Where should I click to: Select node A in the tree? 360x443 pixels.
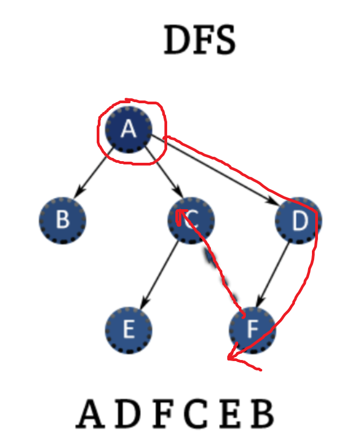click(x=128, y=129)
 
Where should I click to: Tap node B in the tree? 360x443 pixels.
click(x=62, y=220)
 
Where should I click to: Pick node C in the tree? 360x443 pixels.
click(x=191, y=220)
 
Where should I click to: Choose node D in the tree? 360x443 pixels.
click(x=298, y=220)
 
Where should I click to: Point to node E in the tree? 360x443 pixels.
click(x=128, y=330)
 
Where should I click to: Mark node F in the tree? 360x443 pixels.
click(x=252, y=330)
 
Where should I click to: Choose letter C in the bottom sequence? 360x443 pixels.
click(x=196, y=415)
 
